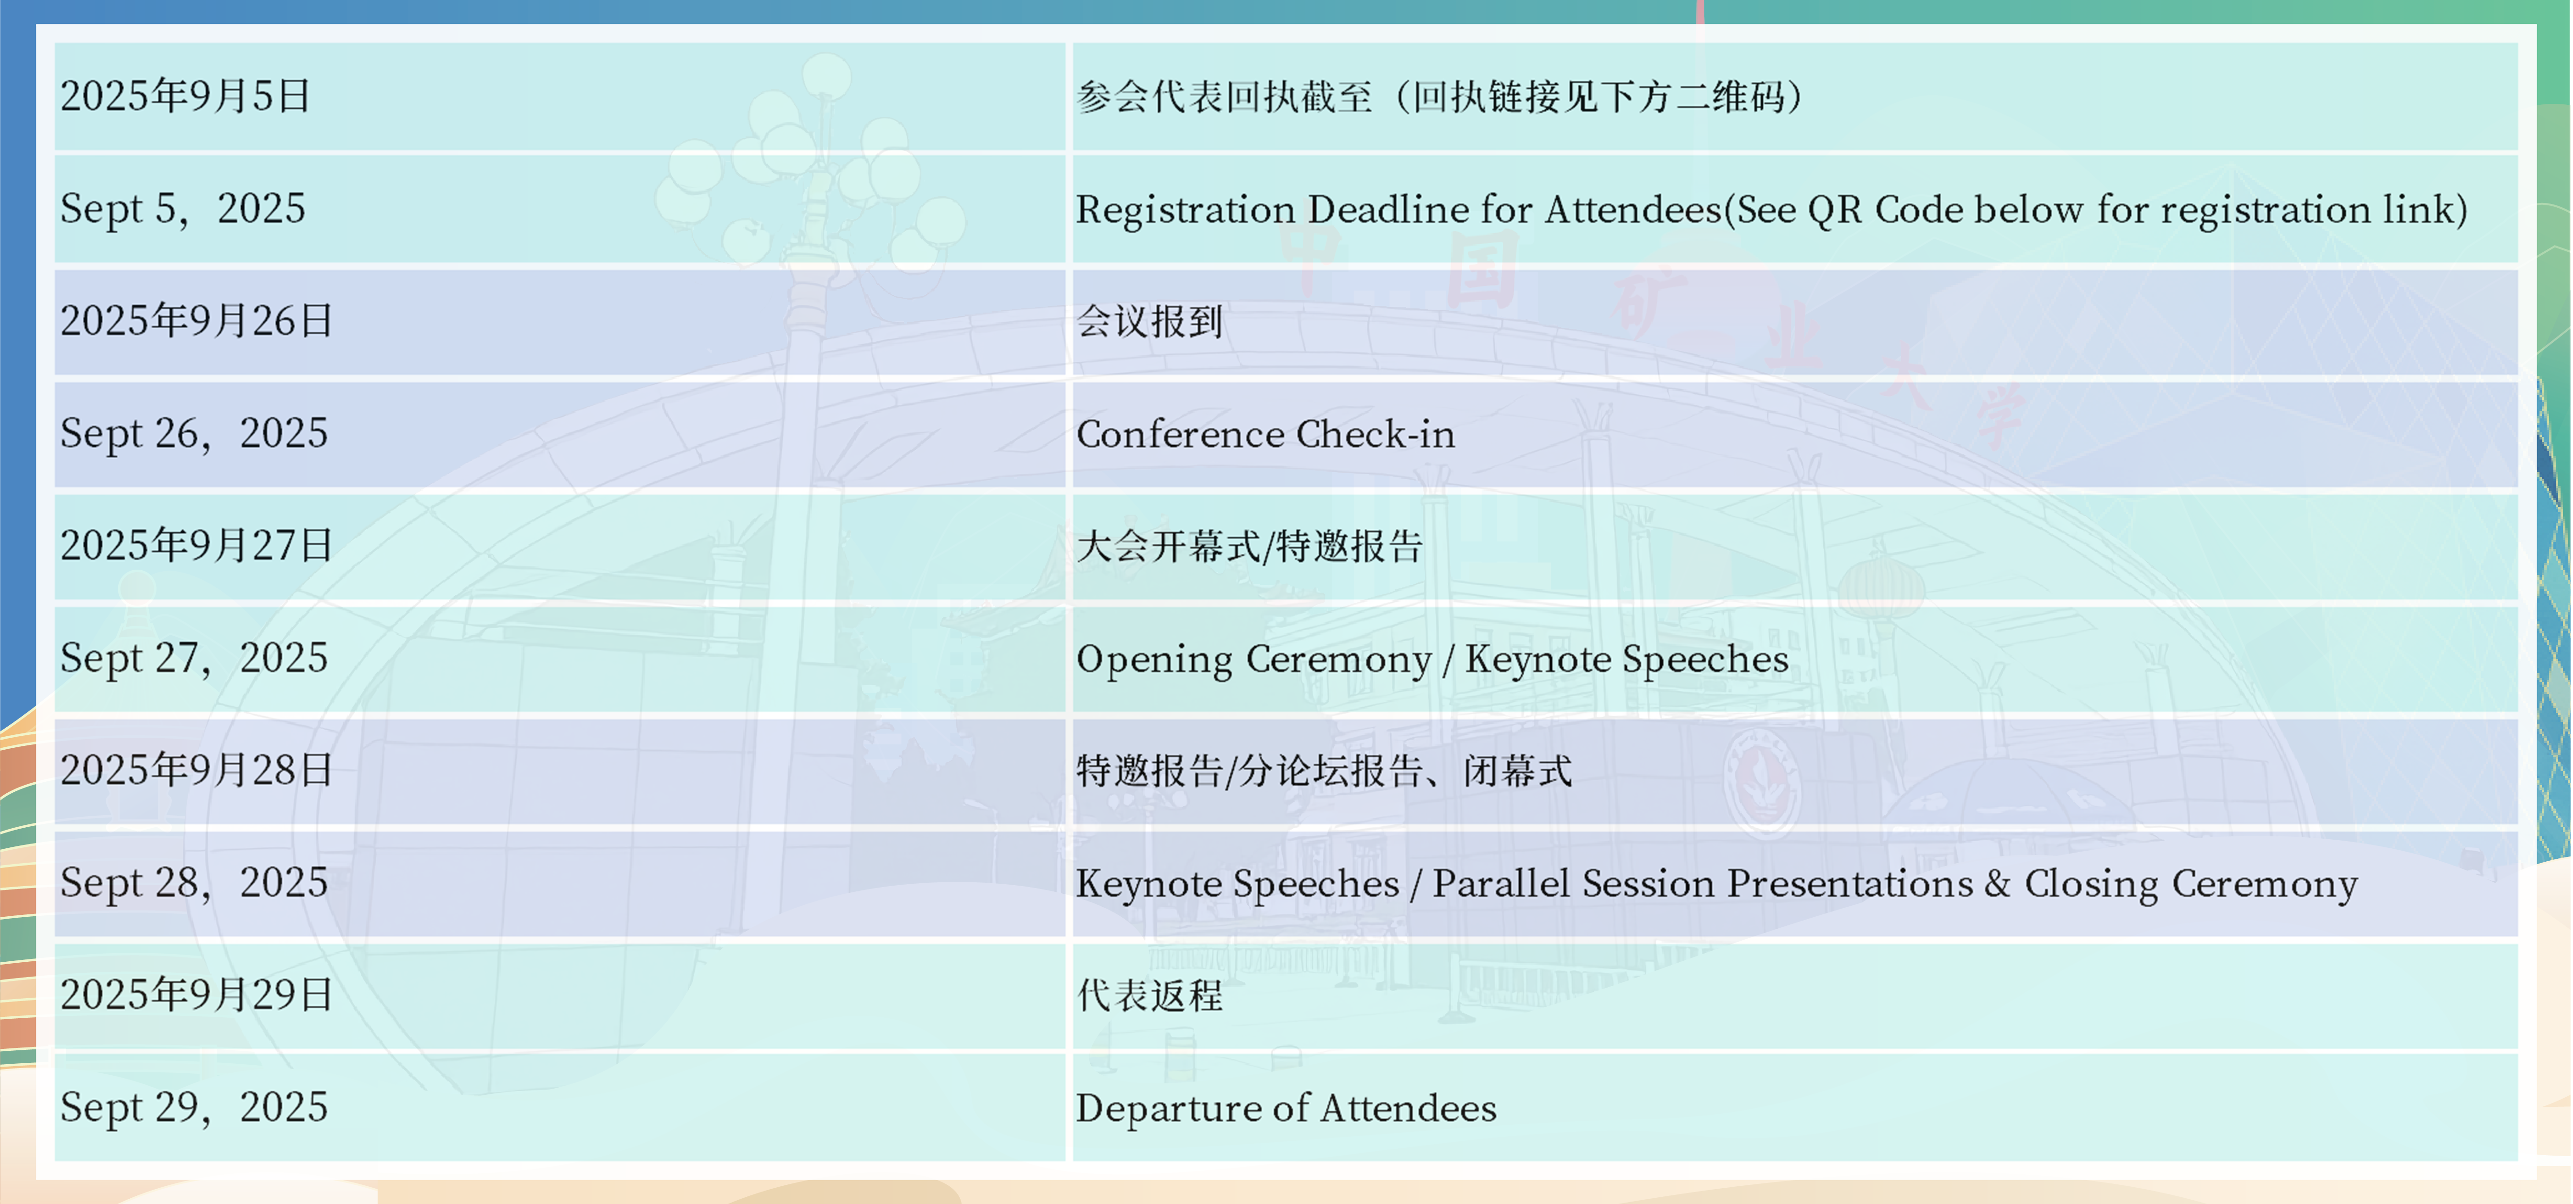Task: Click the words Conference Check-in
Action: (1265, 435)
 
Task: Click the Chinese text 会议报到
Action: (1150, 322)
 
